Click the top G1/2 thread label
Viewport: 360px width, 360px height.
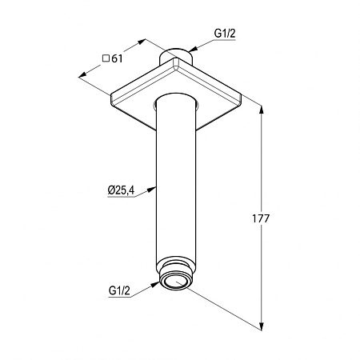225,34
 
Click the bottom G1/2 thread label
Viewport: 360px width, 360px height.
119,290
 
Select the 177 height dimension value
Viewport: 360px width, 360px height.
261,218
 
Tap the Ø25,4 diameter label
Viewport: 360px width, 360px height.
121,190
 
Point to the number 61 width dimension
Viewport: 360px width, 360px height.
117,58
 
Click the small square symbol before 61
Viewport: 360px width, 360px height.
106,58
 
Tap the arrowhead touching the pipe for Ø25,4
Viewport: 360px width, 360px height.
151,190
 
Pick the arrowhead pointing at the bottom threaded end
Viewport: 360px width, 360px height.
154,285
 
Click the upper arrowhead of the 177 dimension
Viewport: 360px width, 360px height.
262,110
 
